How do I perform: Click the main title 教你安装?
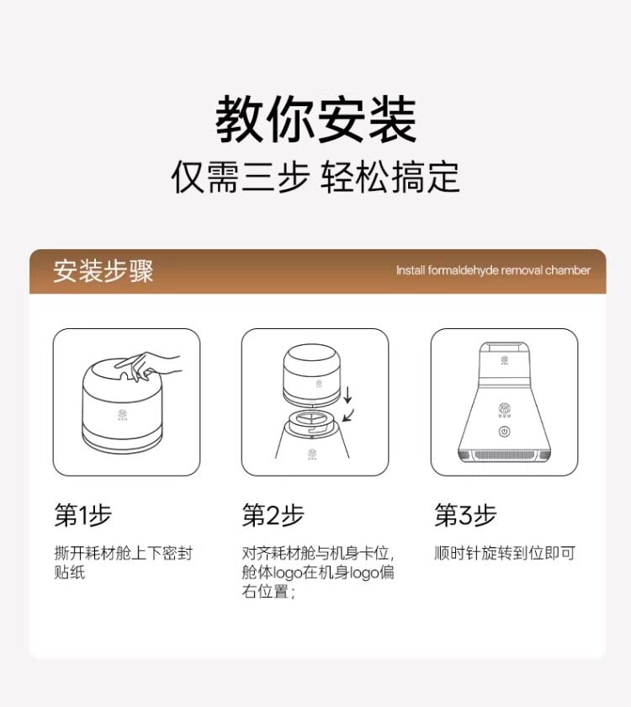pyautogui.click(x=315, y=120)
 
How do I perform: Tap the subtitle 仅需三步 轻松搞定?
pyautogui.click(x=315, y=178)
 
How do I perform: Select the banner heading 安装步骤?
pyautogui.click(x=103, y=271)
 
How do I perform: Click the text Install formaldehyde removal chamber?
pyautogui.click(x=493, y=270)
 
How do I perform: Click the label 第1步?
pyautogui.click(x=82, y=515)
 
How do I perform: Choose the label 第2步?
pyautogui.click(x=273, y=515)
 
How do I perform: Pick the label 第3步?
pyautogui.click(x=464, y=515)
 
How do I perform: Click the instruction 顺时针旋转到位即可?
pyautogui.click(x=505, y=554)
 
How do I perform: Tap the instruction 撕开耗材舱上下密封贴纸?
pyautogui.click(x=123, y=563)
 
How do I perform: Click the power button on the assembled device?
pyautogui.click(x=504, y=432)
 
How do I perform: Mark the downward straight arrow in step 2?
pyautogui.click(x=350, y=392)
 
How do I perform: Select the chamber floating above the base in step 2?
pyautogui.click(x=312, y=375)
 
